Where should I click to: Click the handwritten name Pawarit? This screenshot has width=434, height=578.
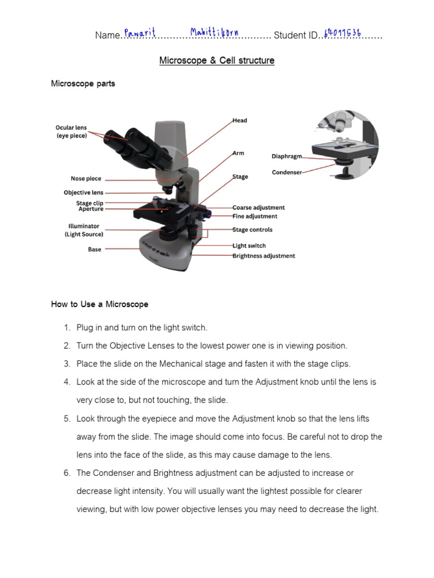pos(140,33)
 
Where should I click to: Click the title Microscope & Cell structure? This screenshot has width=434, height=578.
pos(217,60)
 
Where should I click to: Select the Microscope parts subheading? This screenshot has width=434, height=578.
pos(83,84)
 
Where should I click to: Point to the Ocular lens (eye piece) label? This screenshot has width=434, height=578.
pos(71,132)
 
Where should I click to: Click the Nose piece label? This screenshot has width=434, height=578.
pos(86,179)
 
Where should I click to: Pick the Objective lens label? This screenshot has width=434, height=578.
pos(84,193)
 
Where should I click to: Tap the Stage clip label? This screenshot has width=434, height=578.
pos(90,203)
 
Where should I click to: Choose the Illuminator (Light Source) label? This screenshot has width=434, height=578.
pos(84,230)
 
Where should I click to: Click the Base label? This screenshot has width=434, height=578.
pos(94,249)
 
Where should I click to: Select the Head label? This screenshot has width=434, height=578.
pos(240,120)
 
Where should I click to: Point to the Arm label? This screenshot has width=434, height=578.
pos(238,153)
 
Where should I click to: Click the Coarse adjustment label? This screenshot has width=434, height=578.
pos(258,208)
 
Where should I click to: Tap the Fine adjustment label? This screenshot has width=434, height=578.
pos(255,216)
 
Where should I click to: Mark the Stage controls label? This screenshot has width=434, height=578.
pos(252,230)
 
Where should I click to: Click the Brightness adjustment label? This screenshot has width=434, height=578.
pos(263,256)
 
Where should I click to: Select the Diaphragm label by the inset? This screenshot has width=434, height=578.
pos(287,156)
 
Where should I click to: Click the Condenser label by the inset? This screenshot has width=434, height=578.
pos(287,172)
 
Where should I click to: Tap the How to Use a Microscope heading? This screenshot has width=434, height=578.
pos(99,304)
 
